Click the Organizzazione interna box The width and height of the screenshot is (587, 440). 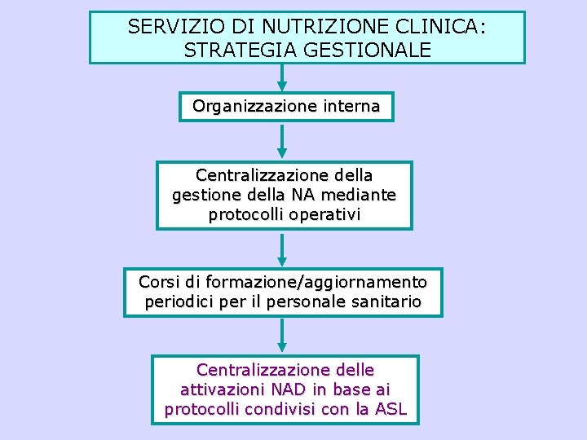tap(286, 107)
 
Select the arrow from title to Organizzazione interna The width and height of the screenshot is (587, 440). tap(282, 77)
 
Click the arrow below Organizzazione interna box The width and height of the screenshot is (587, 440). tap(282, 140)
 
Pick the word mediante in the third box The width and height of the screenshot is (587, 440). tap(362, 196)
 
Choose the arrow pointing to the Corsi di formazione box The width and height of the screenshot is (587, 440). tap(282, 249)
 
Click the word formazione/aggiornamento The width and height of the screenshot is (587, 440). tap(316, 283)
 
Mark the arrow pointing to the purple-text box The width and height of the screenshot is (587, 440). tap(282, 336)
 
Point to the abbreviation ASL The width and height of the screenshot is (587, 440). tap(390, 409)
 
